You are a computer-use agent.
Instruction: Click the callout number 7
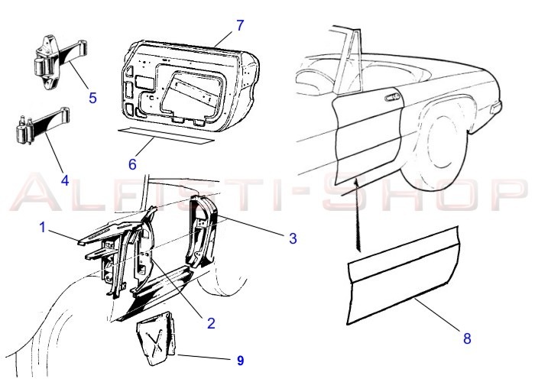pos(240,25)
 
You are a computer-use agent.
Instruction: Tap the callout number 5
pos(92,98)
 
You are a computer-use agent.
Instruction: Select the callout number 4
pos(65,180)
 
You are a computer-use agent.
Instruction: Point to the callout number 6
pos(132,164)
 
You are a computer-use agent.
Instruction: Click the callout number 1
pos(42,228)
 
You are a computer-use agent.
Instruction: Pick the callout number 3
pos(293,238)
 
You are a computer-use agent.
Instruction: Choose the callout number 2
pos(211,323)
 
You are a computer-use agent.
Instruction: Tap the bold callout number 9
pos(241,361)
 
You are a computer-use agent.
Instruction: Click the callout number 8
pos(467,338)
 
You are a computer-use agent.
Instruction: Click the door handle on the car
pos(392,97)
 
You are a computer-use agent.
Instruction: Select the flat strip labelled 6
pos(166,135)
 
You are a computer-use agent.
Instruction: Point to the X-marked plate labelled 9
pos(157,338)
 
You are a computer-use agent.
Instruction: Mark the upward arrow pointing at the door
pos(357,215)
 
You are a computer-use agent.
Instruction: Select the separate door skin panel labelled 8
pos(403,275)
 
